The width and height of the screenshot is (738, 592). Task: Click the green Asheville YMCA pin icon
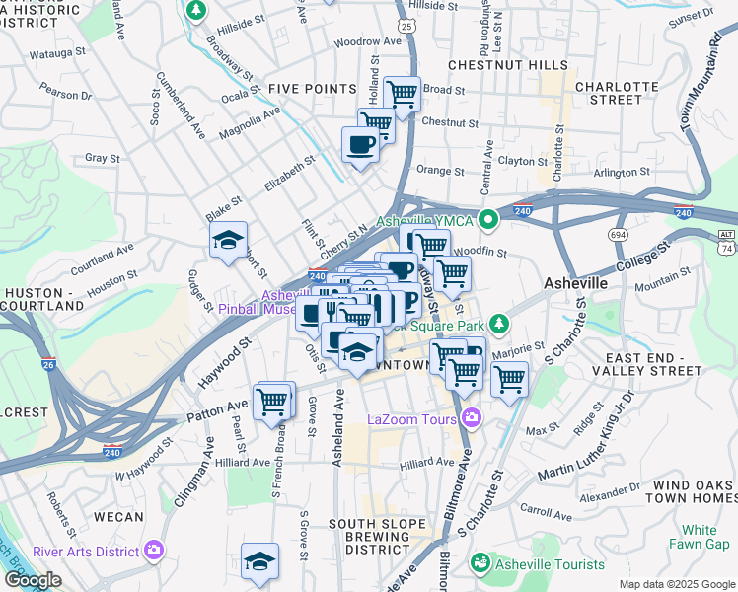[x=487, y=218]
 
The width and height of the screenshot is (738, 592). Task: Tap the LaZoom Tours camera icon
[x=471, y=418]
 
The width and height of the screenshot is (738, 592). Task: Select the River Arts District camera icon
[x=153, y=551]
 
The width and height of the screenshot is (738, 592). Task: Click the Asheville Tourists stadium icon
[x=480, y=563]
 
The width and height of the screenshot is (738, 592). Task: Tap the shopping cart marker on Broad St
[x=402, y=95]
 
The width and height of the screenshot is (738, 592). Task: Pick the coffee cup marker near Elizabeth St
[x=360, y=145]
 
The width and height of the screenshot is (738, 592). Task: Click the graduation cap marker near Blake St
[x=228, y=241]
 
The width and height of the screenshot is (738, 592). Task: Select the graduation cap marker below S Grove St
[x=259, y=560]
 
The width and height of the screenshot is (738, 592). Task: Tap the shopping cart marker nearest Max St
[x=509, y=378]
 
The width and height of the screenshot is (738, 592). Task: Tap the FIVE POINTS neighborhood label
[x=312, y=89]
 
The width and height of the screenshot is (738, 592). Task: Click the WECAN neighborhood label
[x=119, y=516]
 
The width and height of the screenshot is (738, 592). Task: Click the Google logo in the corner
[x=33, y=580]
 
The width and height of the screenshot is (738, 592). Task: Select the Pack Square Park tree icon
[x=500, y=323]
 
